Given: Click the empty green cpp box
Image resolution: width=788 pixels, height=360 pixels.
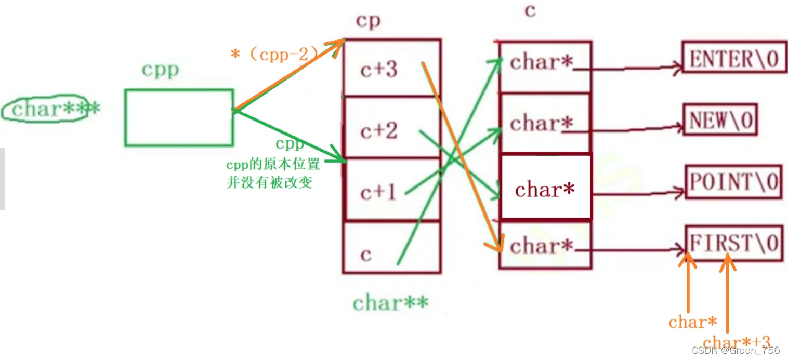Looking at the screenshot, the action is click(179, 117).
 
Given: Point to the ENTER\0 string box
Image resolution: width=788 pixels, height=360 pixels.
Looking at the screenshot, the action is click(734, 59).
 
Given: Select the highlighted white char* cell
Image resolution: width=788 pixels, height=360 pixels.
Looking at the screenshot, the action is click(545, 188).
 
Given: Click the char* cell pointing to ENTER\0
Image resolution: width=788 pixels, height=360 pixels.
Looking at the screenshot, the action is click(544, 65).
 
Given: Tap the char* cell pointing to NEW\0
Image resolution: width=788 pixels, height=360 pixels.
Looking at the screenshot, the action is click(544, 124).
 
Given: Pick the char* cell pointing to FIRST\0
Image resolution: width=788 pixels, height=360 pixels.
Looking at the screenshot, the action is click(544, 245).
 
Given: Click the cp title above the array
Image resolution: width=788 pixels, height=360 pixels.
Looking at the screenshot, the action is click(368, 21).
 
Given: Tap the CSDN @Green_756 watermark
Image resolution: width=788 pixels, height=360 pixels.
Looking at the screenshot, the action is click(736, 351).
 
